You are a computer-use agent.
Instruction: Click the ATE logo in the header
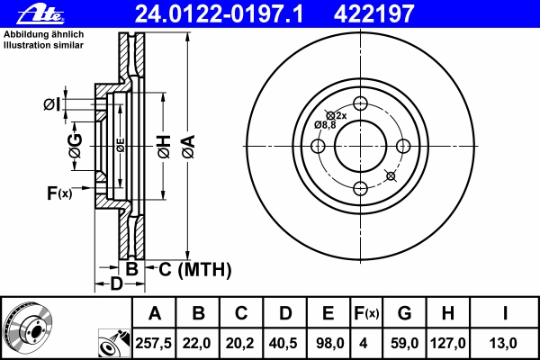tap(40, 14)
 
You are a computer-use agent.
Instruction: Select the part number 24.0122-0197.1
tap(219, 14)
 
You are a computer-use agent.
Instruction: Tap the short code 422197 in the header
tap(373, 14)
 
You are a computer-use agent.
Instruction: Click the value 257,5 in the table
tap(154, 343)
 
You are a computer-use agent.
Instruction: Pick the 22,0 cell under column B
tap(196, 343)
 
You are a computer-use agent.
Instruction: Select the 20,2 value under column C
tap(240, 343)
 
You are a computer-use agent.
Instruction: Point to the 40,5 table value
tap(283, 343)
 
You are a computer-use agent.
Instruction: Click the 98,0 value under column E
tap(330, 343)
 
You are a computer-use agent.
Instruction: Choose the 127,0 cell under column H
tap(447, 343)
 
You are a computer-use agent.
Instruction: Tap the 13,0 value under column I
tap(503, 343)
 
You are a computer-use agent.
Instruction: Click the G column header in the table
tap(405, 313)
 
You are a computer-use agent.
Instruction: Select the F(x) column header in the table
tap(366, 313)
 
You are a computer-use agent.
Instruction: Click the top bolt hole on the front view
tap(361, 103)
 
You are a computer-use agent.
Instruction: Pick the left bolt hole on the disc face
tap(318, 146)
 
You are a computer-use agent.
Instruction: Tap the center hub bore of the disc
tap(361, 146)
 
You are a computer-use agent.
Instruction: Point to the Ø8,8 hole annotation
tap(325, 125)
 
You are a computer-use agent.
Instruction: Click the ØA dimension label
tap(188, 147)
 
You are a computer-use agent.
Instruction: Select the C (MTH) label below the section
tap(195, 269)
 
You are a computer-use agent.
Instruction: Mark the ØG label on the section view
tap(76, 146)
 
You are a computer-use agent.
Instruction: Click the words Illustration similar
tap(43, 45)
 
